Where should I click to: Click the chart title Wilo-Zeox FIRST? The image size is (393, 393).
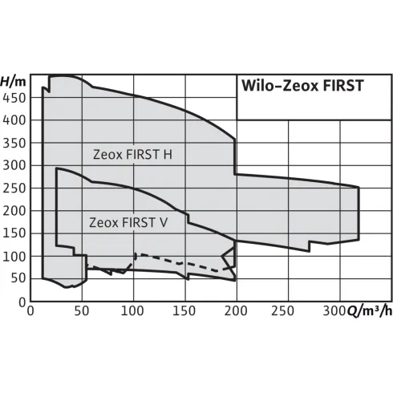coord(302,86)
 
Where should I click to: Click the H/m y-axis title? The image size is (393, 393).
coord(14,81)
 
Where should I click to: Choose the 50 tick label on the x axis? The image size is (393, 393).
coord(81,312)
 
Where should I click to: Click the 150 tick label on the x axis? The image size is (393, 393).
coord(184,312)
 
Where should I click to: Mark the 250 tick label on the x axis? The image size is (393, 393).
coord(288,312)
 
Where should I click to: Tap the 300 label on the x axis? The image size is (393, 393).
coord(336,312)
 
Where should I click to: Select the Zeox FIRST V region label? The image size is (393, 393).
coord(128,222)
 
